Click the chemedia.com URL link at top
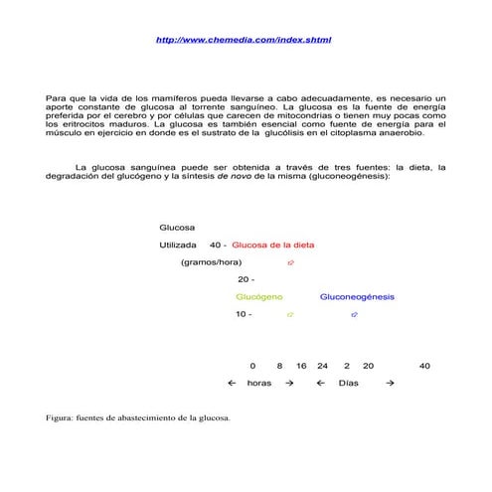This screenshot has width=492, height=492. [x=245, y=39]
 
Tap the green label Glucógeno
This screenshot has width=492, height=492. [x=259, y=297]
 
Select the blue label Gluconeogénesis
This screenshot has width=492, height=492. [x=357, y=297]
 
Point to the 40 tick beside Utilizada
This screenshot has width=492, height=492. [x=218, y=245]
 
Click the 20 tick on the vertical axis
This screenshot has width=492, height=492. [x=246, y=279]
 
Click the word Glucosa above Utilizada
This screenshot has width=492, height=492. [x=178, y=228]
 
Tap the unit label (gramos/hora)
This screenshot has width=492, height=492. [x=212, y=262]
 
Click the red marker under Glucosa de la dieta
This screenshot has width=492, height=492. [x=290, y=262]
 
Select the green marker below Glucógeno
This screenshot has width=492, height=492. [x=289, y=315]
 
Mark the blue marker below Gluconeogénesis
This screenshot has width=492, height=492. [x=354, y=315]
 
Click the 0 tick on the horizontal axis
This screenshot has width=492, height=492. [x=252, y=366]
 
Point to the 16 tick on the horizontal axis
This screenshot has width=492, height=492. [x=300, y=366]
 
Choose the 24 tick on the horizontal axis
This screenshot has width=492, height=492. [x=322, y=366]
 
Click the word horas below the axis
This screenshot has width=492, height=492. [x=259, y=383]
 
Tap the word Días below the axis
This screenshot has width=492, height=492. [x=349, y=383]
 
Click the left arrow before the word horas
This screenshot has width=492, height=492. [x=232, y=383]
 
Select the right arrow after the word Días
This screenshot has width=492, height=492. [x=390, y=383]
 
